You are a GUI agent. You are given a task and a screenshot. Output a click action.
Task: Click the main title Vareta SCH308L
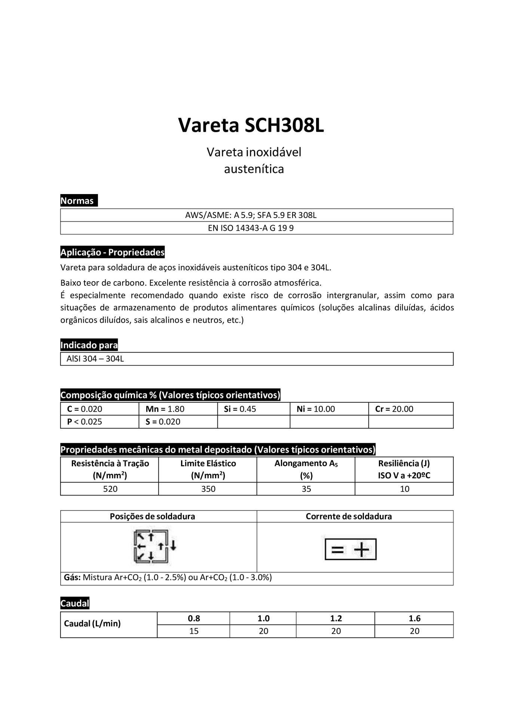click(x=251, y=125)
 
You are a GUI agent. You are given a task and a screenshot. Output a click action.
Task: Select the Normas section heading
click(x=77, y=201)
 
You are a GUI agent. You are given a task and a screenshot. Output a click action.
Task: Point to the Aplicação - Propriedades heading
click(x=113, y=252)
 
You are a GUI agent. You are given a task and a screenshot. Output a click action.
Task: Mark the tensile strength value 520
click(x=110, y=489)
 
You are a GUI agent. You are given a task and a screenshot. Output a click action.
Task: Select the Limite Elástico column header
click(x=208, y=469)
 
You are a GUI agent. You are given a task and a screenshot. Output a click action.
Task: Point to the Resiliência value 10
click(x=404, y=489)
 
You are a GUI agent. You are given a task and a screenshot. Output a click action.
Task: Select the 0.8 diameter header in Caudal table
click(x=194, y=619)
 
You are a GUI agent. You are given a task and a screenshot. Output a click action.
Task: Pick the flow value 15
click(x=194, y=631)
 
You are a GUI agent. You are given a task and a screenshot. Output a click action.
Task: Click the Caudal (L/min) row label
click(x=92, y=623)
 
